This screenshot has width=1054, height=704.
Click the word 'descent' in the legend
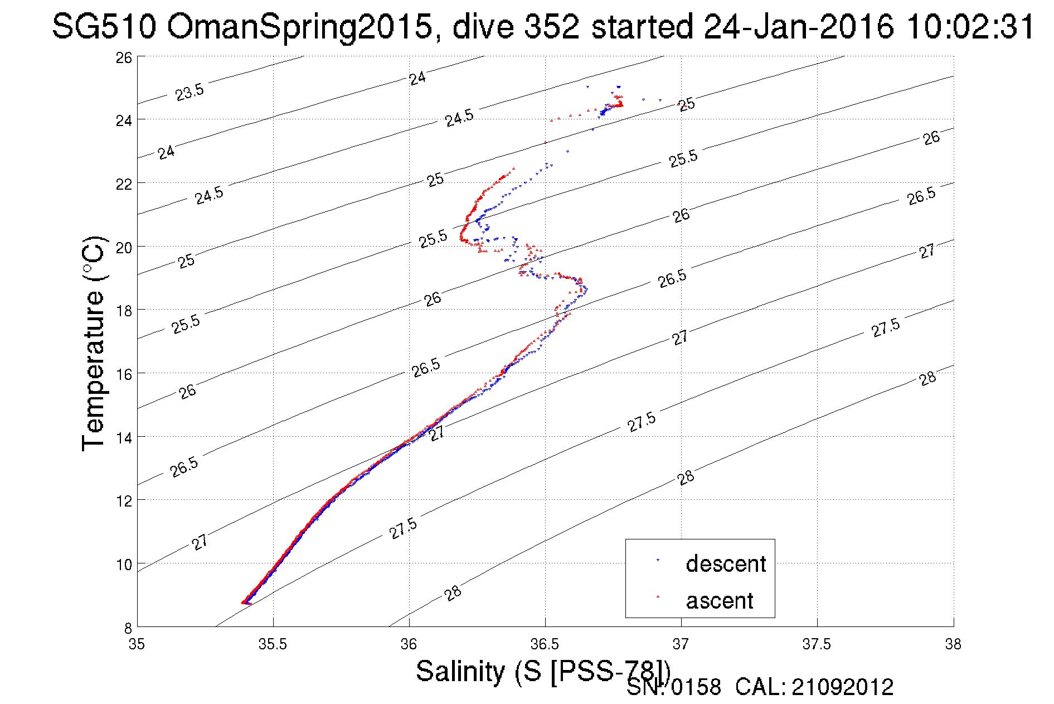click(x=726, y=563)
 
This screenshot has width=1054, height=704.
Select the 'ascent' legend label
click(x=719, y=601)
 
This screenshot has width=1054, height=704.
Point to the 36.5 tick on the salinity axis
click(x=545, y=644)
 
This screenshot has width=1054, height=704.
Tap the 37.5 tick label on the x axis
click(x=817, y=644)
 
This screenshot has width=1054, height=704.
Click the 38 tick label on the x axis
click(x=953, y=644)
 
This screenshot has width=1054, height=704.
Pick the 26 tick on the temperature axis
click(x=124, y=57)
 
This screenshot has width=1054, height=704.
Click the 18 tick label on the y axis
click(x=124, y=311)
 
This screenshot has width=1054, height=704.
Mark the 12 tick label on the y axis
click(x=124, y=501)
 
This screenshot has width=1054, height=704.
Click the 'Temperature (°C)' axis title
click(x=93, y=343)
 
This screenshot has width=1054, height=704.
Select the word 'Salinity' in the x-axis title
click(x=460, y=671)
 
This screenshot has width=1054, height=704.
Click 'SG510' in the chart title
click(x=104, y=27)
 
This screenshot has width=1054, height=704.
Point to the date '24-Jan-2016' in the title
click(x=798, y=27)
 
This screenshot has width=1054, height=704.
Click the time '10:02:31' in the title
click(x=970, y=27)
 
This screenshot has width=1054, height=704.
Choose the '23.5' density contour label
click(x=190, y=92)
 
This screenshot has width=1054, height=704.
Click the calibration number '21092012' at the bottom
click(x=842, y=687)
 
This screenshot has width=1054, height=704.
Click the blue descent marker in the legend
click(x=658, y=560)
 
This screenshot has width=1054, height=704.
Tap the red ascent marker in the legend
click(x=658, y=597)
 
